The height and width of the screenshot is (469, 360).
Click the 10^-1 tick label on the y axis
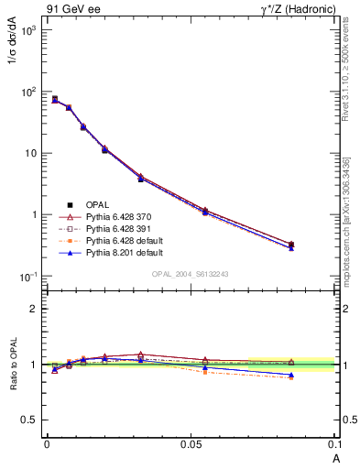[27, 277]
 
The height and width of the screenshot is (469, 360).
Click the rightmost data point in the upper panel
[291, 245]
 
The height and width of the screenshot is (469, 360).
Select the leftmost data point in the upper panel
[55, 99]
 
